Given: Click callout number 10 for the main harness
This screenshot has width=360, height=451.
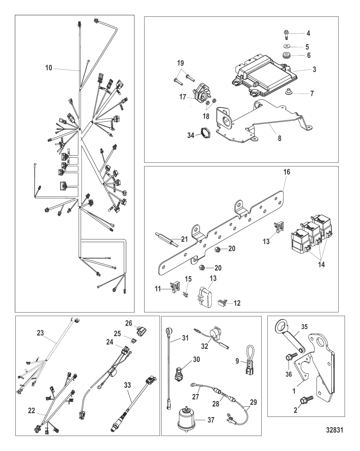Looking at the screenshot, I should coord(49,68).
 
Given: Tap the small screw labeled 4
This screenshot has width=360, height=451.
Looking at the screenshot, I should coord(287,33).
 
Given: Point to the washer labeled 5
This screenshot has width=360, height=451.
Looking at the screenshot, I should coord(287,46).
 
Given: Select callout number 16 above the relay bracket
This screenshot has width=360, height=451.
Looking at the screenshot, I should coord(287,172).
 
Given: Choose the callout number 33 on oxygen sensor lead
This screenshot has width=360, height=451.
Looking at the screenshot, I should coord(127,385).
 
